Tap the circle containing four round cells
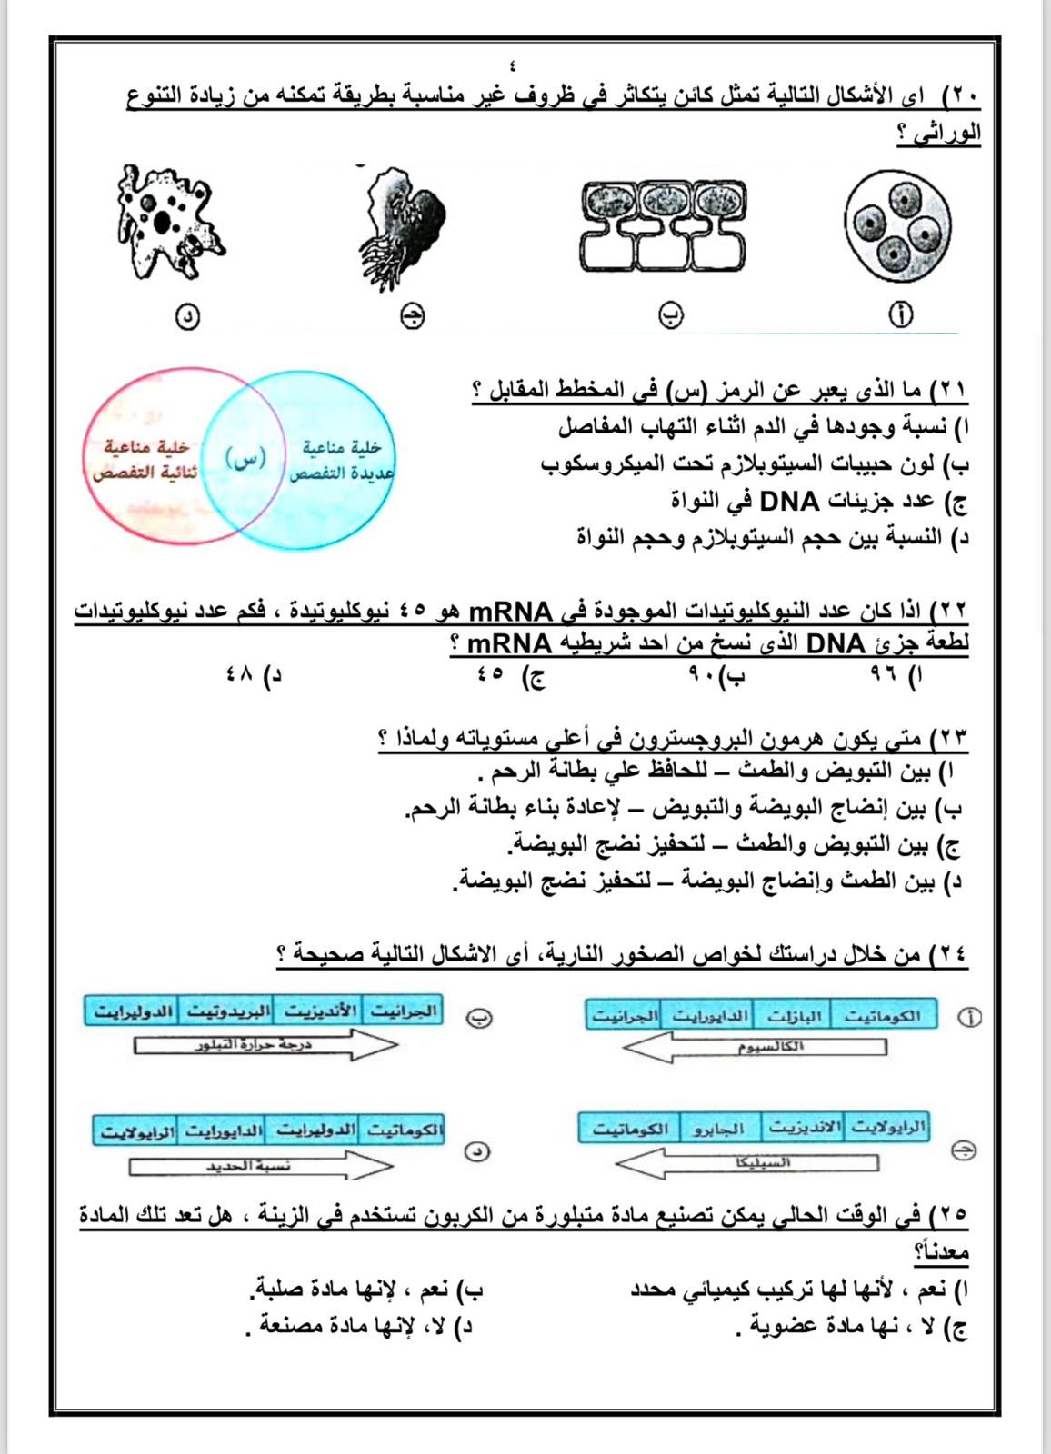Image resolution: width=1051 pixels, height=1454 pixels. [x=897, y=225]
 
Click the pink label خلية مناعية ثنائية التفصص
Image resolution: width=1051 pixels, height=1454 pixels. [x=145, y=461]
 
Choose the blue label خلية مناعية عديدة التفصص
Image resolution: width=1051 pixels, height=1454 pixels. [x=340, y=461]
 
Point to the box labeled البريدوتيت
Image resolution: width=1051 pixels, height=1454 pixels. [x=226, y=1011]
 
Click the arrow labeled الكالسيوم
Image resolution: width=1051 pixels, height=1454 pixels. [x=755, y=1048]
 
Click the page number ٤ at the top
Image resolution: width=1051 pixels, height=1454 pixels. [x=515, y=65]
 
